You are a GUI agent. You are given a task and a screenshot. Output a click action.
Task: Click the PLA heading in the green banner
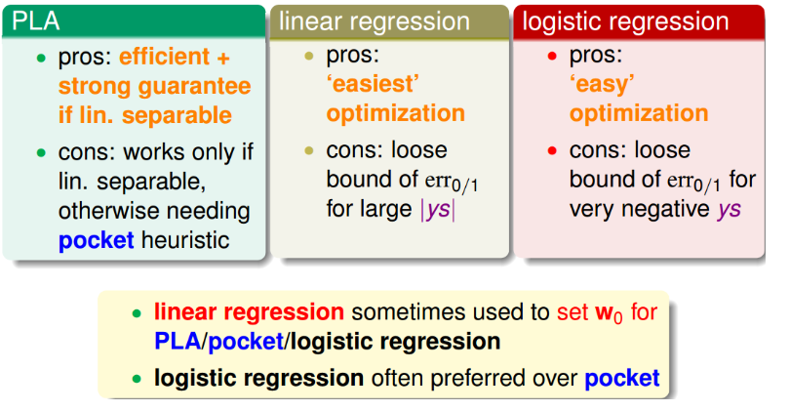(x=36, y=21)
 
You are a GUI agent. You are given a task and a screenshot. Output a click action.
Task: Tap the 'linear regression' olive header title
(x=375, y=22)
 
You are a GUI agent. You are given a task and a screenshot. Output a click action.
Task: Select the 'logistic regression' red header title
(x=625, y=22)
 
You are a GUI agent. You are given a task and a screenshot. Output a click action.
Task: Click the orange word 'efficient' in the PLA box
(x=164, y=57)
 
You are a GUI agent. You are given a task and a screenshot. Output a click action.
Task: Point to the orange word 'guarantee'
(x=194, y=87)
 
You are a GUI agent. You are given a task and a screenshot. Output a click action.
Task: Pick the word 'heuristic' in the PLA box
(x=185, y=240)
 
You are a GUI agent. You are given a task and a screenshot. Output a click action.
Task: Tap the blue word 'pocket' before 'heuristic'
(x=97, y=240)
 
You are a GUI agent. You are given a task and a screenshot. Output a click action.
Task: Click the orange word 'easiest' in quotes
(x=374, y=84)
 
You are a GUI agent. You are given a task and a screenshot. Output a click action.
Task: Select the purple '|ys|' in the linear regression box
(x=438, y=209)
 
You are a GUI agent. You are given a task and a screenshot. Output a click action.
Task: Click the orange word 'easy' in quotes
(x=602, y=85)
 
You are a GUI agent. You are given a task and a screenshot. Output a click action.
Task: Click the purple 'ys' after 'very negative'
(x=729, y=210)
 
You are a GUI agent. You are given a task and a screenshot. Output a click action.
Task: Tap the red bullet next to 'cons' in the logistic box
(x=552, y=150)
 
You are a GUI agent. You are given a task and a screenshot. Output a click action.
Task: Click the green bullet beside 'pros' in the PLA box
(x=41, y=58)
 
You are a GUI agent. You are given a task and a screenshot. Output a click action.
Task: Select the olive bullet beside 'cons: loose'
(x=309, y=150)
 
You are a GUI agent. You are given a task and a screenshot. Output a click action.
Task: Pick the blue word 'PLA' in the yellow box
(x=178, y=342)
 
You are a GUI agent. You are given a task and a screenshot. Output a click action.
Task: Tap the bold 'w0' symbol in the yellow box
(x=609, y=313)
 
